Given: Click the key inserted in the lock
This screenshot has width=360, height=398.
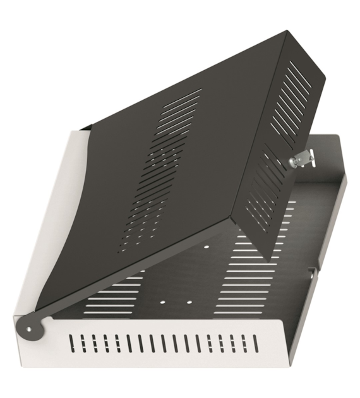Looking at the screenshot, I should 304,155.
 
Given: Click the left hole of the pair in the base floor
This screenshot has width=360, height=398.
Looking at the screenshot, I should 164,302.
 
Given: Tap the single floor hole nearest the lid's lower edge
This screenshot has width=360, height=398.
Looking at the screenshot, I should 207,246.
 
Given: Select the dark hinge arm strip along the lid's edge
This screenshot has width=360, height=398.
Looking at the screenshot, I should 126,265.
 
